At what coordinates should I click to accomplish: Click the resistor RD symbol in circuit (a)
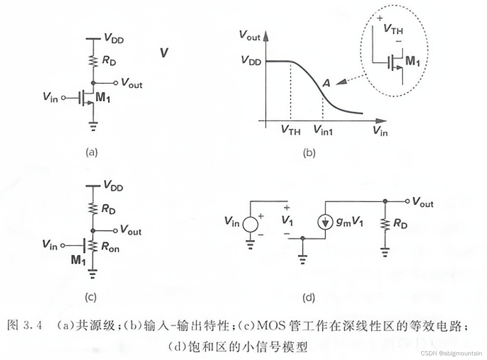point(93,61)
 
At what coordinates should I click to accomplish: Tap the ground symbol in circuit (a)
point(93,126)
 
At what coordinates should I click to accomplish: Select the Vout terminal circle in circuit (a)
point(115,83)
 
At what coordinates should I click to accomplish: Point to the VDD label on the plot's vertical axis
point(251,61)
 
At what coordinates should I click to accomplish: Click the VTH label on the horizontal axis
point(290,130)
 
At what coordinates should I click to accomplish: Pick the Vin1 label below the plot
point(323,130)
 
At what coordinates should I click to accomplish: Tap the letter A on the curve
point(326,83)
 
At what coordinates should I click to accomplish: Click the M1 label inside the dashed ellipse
point(412,61)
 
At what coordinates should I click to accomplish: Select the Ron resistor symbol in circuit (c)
point(93,246)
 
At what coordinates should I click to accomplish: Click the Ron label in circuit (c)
point(110,247)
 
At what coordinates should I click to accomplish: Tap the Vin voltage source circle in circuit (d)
point(250,224)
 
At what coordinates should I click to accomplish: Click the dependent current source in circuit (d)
point(325,222)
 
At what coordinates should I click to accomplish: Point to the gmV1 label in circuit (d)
point(349,222)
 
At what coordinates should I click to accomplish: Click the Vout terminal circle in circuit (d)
point(407,201)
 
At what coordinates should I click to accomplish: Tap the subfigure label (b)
point(309,153)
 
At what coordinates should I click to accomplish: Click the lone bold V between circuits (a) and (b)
point(164,53)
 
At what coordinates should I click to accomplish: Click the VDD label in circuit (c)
point(113,186)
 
